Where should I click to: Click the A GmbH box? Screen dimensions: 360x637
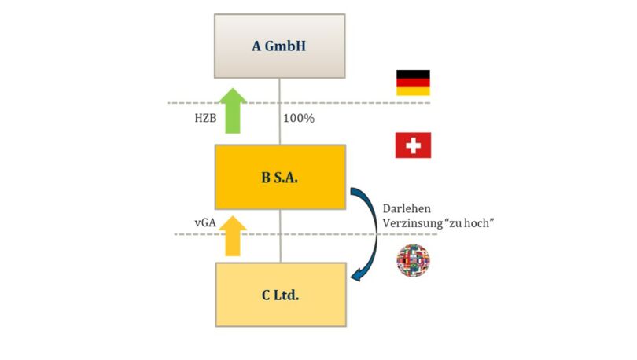pyautogui.click(x=279, y=46)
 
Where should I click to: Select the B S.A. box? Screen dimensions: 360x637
pyautogui.click(x=279, y=176)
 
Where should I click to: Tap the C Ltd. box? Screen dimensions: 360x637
pyautogui.click(x=279, y=295)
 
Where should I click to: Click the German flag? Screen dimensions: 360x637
pyautogui.click(x=413, y=83)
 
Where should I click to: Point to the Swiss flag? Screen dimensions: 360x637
pyautogui.click(x=413, y=145)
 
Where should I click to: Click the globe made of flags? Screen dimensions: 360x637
pyautogui.click(x=414, y=260)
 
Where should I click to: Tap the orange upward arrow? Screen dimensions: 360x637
pyautogui.click(x=232, y=235)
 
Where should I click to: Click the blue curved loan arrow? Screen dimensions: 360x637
pyautogui.click(x=367, y=228)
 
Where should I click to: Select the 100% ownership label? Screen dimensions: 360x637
pyautogui.click(x=300, y=118)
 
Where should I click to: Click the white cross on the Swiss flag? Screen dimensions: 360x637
pyautogui.click(x=413, y=145)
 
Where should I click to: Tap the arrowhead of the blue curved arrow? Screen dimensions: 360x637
pyautogui.click(x=356, y=274)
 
